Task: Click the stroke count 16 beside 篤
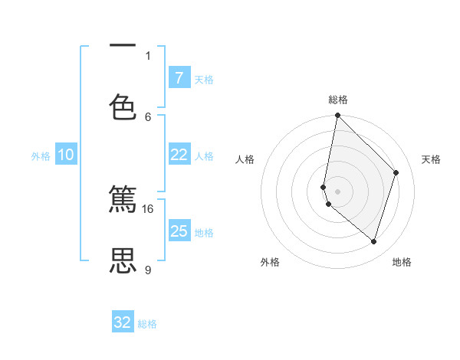148,208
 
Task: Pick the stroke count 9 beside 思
148,270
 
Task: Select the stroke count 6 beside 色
148,116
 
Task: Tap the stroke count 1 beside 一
148,55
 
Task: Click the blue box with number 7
179,78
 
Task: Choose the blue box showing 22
179,155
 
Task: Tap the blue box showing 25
179,231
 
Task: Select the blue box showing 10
66,155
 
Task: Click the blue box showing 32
123,322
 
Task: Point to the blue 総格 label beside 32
147,324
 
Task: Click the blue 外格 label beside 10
41,156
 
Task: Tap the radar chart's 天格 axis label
431,159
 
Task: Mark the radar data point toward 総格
337,115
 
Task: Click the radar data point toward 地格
374,242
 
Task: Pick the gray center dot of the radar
337,191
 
